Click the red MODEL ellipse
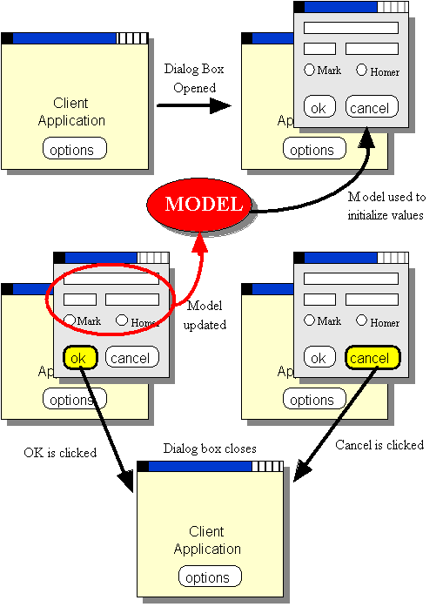[x=199, y=204]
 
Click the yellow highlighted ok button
[x=80, y=357]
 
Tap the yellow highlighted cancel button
[x=373, y=357]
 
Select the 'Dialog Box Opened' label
[x=194, y=78]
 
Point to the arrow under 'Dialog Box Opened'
[x=194, y=105]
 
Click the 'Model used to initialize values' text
[x=386, y=206]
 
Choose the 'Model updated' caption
[x=205, y=314]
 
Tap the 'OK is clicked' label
[x=60, y=453]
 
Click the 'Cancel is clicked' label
[x=379, y=445]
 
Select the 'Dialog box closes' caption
[x=210, y=449]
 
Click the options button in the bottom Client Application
[x=210, y=576]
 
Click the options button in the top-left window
[x=74, y=148]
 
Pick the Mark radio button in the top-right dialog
[x=310, y=70]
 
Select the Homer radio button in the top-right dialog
[x=361, y=70]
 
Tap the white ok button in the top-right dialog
[x=319, y=106]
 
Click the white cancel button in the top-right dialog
[x=372, y=106]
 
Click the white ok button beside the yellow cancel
[x=319, y=357]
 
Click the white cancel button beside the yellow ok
[x=132, y=357]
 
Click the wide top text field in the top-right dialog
[x=351, y=28]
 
